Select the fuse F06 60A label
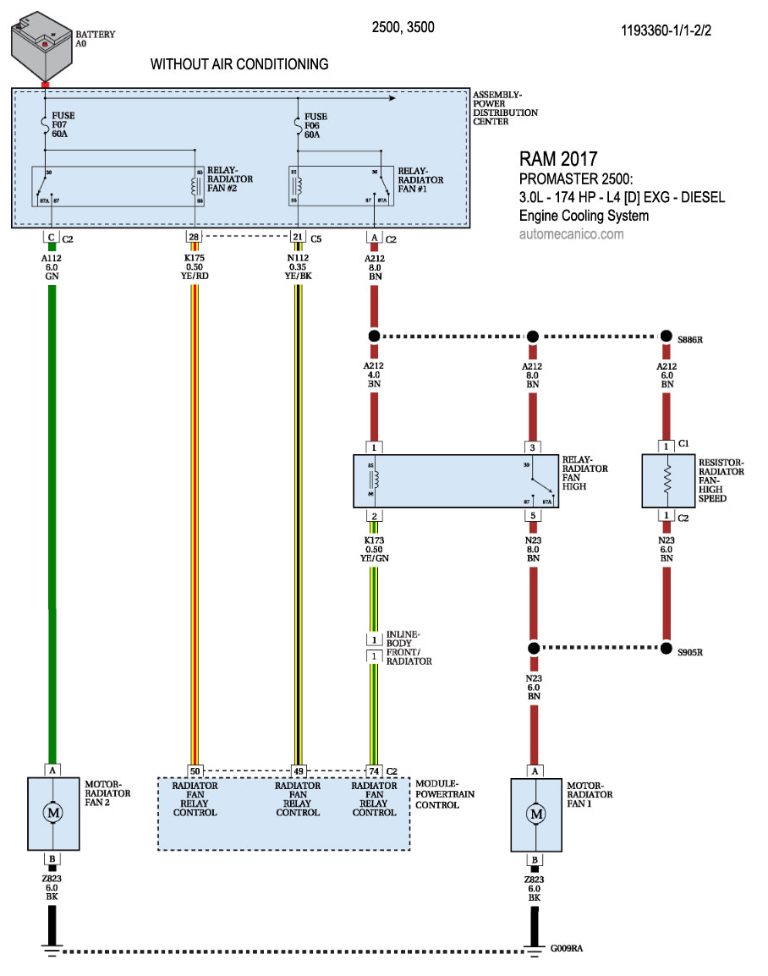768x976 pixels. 315,125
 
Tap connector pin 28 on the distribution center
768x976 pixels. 195,238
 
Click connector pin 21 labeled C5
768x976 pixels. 298,238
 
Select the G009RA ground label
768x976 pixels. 565,949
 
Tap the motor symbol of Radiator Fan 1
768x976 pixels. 535,814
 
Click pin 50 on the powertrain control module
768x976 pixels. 195,770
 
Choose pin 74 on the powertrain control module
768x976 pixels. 374,770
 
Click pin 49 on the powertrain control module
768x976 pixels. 298,770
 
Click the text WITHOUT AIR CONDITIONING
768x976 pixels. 239,64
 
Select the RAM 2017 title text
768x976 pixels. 558,159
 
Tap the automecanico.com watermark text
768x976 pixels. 572,234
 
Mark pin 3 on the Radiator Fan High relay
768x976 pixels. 533,447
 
